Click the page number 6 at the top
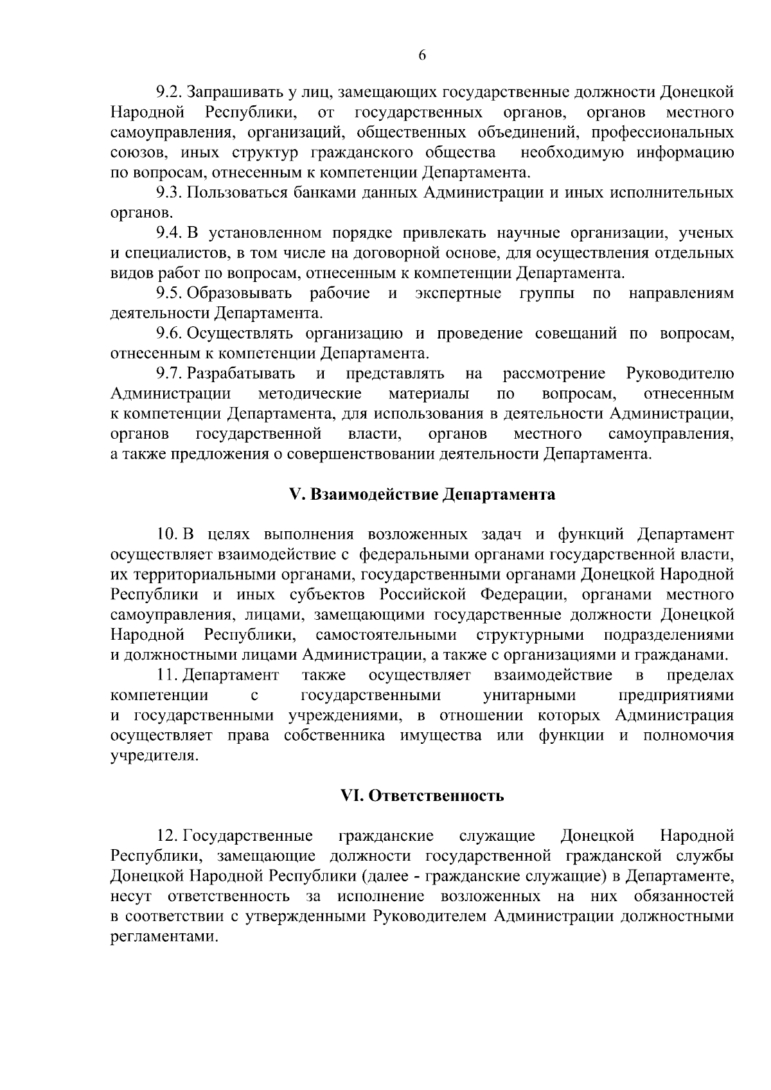(x=422, y=55)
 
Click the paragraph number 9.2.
(x=169, y=92)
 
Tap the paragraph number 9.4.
(x=169, y=233)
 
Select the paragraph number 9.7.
(x=169, y=373)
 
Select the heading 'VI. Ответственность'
(x=422, y=796)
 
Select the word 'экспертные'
(x=458, y=293)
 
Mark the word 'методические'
(x=310, y=393)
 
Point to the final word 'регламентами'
(x=164, y=936)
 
